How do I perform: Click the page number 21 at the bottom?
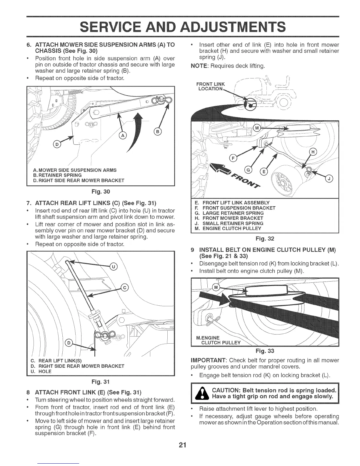click(180, 445)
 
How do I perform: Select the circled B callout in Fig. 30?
click(158, 132)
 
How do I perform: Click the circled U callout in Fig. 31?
click(113, 267)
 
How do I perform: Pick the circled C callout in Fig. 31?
click(125, 288)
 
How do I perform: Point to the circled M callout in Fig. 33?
click(216, 287)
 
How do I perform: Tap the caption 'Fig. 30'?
click(101, 192)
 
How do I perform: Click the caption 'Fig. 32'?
click(265, 238)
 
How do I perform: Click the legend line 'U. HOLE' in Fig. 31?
click(41, 371)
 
